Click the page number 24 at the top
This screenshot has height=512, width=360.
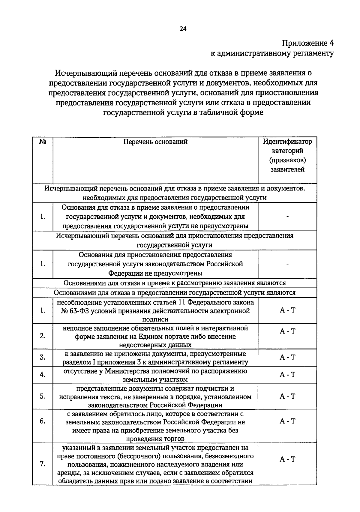click(x=183, y=29)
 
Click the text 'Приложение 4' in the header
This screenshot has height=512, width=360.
click(x=307, y=43)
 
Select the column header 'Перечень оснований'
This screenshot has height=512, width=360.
click(x=155, y=142)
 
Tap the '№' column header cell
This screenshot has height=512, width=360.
click(x=43, y=142)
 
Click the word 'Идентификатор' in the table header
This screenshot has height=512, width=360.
click(x=287, y=142)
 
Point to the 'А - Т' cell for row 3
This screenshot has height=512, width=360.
click(x=287, y=357)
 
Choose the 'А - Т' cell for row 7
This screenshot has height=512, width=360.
click(x=287, y=459)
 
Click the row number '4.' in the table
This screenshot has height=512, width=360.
click(x=43, y=375)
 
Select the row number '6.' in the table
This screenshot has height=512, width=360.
click(x=43, y=421)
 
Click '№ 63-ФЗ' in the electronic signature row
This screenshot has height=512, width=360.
click(x=73, y=311)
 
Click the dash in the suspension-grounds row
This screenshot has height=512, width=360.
click(x=287, y=264)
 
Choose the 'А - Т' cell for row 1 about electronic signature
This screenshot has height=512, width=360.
click(x=287, y=310)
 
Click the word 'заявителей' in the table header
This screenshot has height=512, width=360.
click(x=287, y=169)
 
